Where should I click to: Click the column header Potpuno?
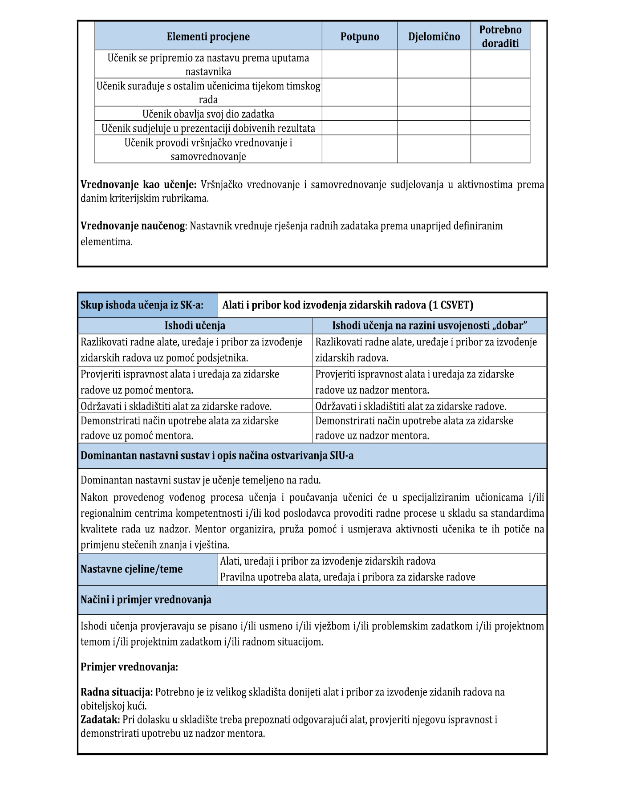click(360, 37)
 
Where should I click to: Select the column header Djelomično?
click(434, 37)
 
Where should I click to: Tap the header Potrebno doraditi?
click(500, 37)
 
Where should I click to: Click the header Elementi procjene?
click(208, 37)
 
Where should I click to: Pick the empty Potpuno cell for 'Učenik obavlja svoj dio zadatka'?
click(360, 114)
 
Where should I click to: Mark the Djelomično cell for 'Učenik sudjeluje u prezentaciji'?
click(434, 128)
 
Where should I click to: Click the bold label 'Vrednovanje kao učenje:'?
click(138, 185)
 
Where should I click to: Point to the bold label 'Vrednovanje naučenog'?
click(133, 226)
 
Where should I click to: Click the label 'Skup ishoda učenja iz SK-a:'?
click(142, 305)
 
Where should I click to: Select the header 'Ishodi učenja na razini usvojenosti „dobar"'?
click(429, 326)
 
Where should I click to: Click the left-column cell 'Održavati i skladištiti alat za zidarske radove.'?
click(176, 406)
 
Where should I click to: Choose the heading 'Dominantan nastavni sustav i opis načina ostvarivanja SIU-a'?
click(217, 456)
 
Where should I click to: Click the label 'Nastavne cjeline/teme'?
click(131, 569)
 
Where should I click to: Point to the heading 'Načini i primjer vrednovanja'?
click(146, 600)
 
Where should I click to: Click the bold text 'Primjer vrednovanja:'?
click(129, 667)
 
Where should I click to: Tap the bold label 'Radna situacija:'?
click(117, 692)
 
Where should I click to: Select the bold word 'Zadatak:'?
click(100, 719)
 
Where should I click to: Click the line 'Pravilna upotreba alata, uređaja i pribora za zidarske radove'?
click(348, 577)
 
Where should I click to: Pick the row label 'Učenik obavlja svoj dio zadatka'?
click(208, 114)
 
